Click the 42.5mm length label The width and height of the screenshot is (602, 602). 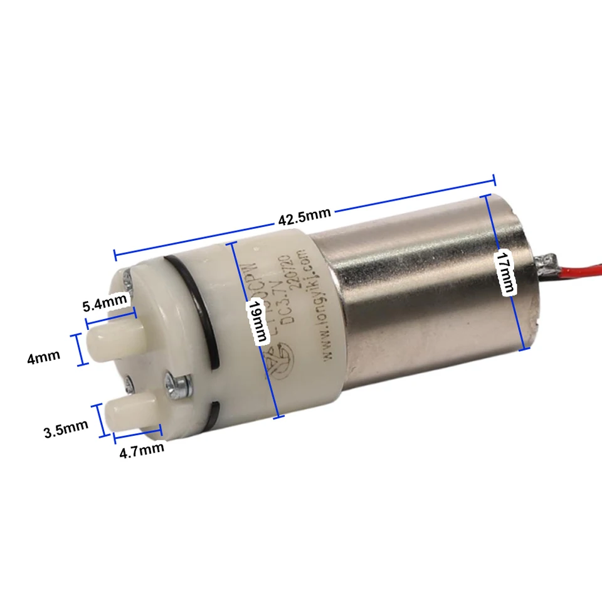point(304,216)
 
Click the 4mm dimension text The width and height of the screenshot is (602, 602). point(44,357)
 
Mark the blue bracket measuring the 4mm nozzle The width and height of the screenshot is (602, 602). point(80,349)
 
